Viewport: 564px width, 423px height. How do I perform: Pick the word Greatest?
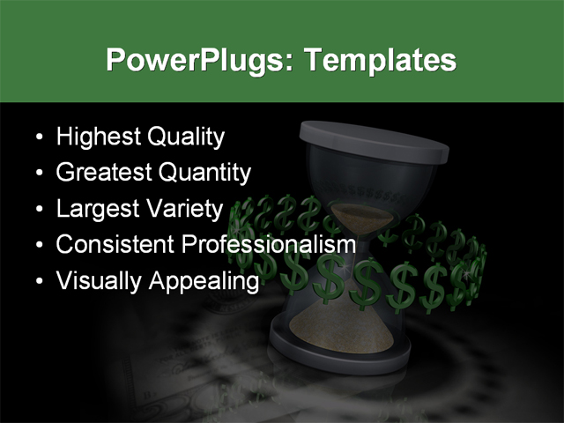click(103, 173)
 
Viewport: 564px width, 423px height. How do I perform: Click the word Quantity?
click(204, 173)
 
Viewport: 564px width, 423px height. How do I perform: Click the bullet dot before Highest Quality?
click(38, 138)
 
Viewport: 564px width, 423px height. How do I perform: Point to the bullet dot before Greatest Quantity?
click(38, 174)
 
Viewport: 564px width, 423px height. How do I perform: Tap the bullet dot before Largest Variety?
click(38, 210)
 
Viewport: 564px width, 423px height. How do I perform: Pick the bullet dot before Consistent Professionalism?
click(38, 245)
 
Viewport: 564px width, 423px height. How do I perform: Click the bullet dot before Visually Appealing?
click(38, 281)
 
